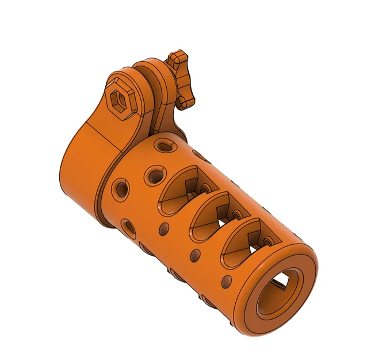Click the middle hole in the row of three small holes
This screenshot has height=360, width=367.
point(196,254)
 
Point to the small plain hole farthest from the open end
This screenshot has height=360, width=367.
point(163,229)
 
